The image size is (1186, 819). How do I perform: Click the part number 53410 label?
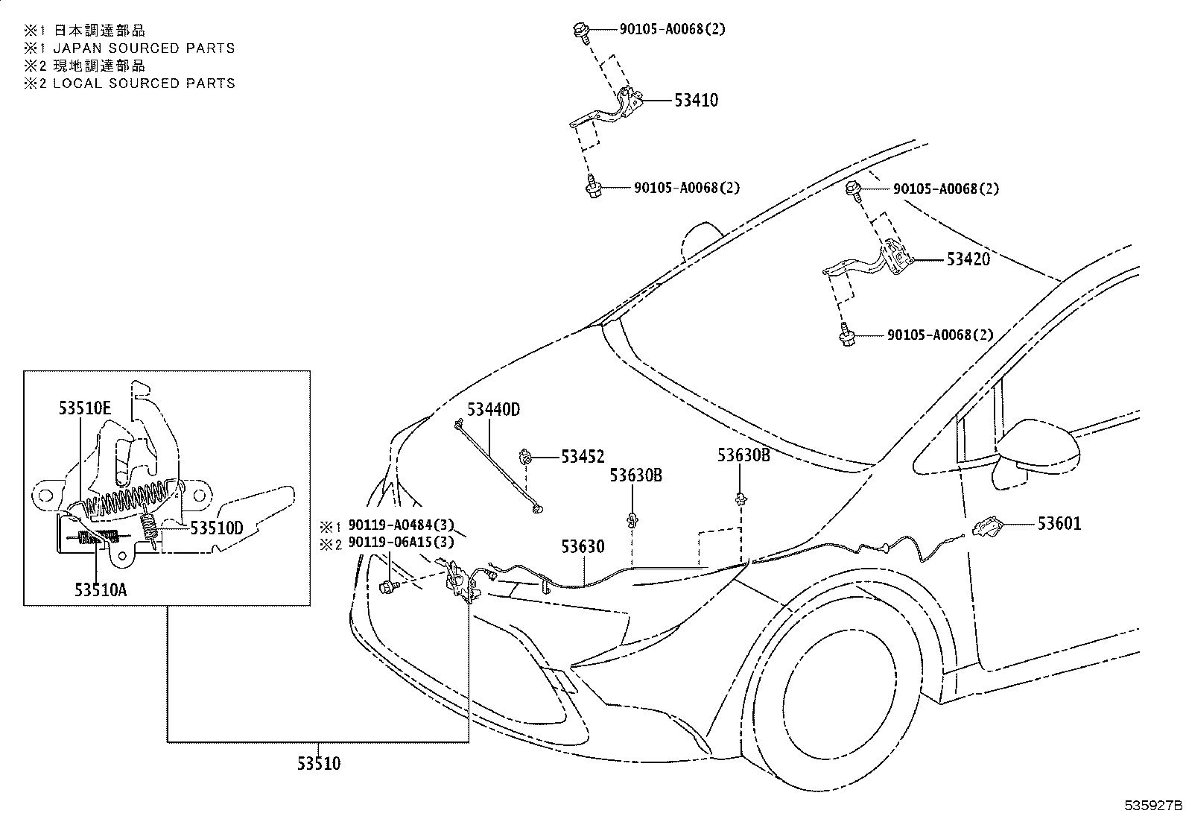point(696,101)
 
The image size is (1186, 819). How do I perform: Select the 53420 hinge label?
point(968,260)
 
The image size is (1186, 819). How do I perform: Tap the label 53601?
point(1059,524)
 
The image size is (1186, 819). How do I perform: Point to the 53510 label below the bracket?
point(318,764)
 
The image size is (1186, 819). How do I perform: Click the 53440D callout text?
point(493,409)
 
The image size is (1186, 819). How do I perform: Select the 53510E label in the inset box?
point(85,408)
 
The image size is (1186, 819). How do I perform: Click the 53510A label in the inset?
point(100,589)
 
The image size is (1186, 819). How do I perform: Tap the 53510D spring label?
point(217,528)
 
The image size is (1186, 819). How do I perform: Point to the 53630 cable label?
point(583,547)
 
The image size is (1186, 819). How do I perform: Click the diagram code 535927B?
point(1152,806)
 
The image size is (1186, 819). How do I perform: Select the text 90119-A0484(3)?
point(401,525)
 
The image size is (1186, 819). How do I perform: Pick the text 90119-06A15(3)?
point(401,544)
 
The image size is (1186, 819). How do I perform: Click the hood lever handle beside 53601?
point(987,527)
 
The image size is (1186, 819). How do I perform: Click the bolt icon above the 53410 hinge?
point(581,31)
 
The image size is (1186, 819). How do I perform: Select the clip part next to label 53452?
point(526,455)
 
